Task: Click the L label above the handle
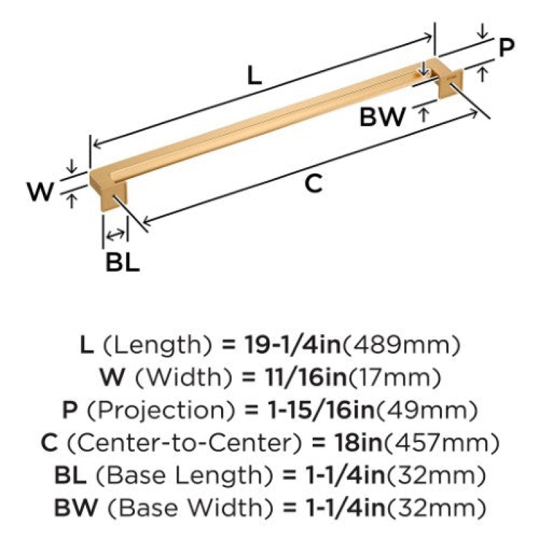[255, 75]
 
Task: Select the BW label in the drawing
[382, 117]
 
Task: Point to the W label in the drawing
[40, 191]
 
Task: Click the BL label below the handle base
[123, 263]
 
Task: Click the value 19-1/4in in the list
[292, 345]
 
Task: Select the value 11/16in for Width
[306, 377]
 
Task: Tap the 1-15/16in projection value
[321, 410]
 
